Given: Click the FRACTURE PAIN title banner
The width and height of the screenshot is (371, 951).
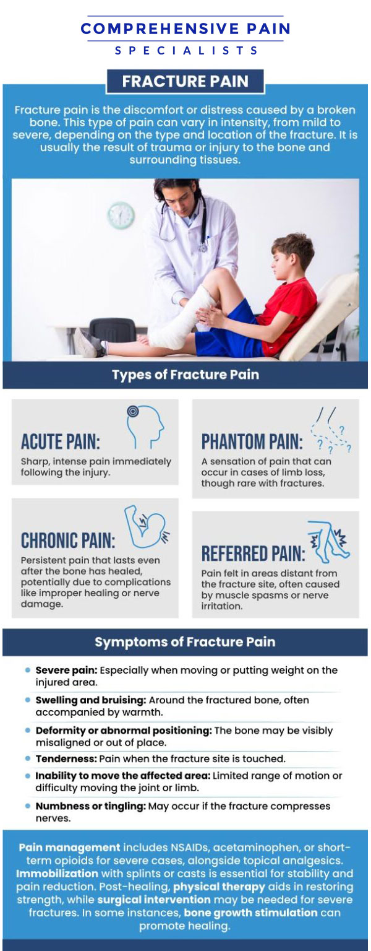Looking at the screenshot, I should pos(185,82).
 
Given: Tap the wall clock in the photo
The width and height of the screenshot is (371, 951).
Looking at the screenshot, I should pos(121,215).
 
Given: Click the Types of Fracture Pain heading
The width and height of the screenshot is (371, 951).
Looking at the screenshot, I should pos(185,375).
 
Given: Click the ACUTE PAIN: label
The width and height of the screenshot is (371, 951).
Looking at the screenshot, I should pos(60,441).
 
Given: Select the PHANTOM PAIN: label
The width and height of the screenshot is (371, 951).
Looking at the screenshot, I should pos(252,442).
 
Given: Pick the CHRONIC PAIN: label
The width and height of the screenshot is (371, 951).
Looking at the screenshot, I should pos(68,540).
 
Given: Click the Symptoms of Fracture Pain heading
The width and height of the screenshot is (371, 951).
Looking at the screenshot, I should pos(185,642).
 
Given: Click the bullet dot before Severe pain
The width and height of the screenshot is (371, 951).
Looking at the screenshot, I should pos(28,671).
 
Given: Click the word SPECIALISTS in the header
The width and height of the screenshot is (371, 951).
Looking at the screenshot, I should pos(186,51).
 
